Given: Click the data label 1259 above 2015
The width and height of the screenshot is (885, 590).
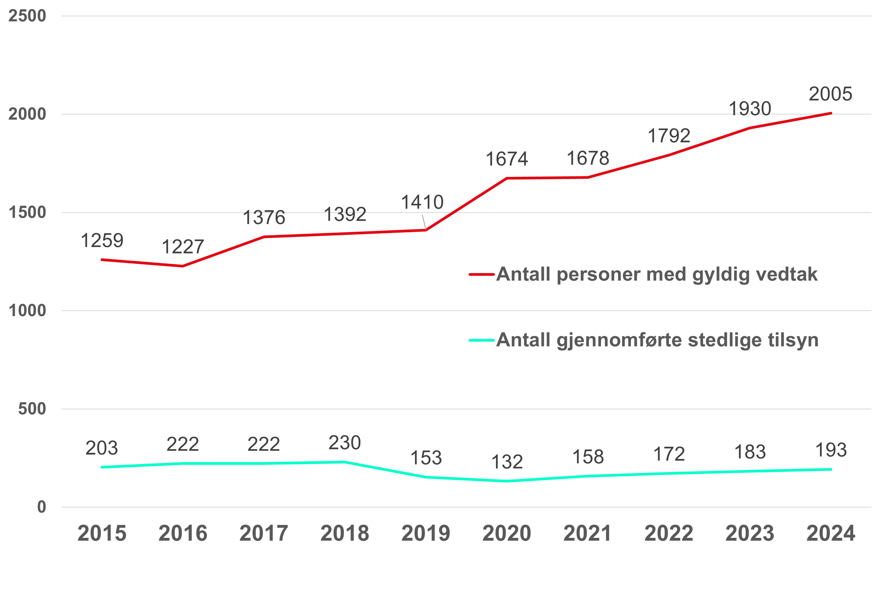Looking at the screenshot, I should click(x=102, y=241).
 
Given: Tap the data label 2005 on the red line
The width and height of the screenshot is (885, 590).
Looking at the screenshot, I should click(x=830, y=94).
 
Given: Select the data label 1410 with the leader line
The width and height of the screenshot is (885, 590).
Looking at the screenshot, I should click(x=422, y=202).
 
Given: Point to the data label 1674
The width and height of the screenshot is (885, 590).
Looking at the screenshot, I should click(x=507, y=159).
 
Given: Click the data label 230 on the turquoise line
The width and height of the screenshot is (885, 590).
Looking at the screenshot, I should click(x=345, y=442).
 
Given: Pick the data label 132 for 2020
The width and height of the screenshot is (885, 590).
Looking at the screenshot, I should click(x=507, y=462).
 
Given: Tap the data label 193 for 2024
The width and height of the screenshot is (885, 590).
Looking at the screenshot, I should click(x=831, y=450).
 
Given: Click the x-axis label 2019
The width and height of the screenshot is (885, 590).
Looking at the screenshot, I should click(x=426, y=533).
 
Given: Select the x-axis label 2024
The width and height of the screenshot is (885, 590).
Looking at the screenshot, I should click(x=831, y=533).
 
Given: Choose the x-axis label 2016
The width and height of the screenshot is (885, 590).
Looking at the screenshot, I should click(x=183, y=533).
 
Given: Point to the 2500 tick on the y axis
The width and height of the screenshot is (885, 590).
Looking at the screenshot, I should click(x=27, y=16).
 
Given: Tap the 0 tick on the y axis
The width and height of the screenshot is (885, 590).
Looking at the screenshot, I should click(x=41, y=507).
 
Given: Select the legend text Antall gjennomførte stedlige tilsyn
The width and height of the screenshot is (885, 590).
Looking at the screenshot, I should click(x=657, y=340).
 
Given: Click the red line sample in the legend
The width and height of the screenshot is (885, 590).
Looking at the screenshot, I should click(x=481, y=275).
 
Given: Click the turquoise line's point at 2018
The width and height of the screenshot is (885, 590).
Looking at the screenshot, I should click(x=345, y=462).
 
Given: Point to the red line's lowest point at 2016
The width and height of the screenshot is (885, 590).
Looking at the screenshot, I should click(x=183, y=266).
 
